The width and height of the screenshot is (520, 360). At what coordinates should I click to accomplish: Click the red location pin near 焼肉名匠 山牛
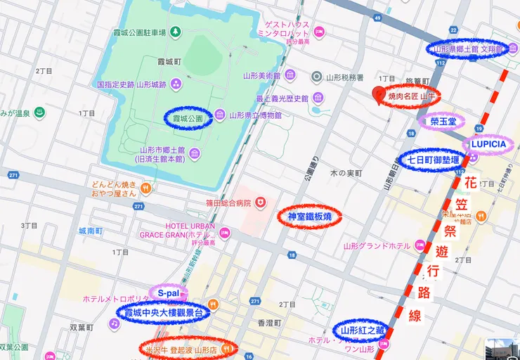click(x=380, y=95)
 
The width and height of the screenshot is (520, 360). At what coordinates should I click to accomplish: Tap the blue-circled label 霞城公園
click(x=188, y=119)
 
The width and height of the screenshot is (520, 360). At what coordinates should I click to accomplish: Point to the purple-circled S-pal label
click(x=169, y=292)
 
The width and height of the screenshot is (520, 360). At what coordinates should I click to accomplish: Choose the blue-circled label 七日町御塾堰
click(x=433, y=160)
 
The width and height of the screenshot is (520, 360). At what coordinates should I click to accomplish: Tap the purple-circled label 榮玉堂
click(x=443, y=121)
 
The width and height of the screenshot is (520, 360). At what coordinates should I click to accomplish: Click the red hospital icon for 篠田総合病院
click(x=261, y=202)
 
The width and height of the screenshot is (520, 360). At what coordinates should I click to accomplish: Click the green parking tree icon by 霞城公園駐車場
click(x=176, y=31)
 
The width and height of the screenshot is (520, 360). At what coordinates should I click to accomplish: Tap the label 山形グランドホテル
click(x=376, y=246)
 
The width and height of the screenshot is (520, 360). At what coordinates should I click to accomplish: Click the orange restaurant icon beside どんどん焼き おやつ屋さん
click(x=145, y=188)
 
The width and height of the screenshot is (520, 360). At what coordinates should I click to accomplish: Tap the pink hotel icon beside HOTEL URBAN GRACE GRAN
click(x=225, y=231)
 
